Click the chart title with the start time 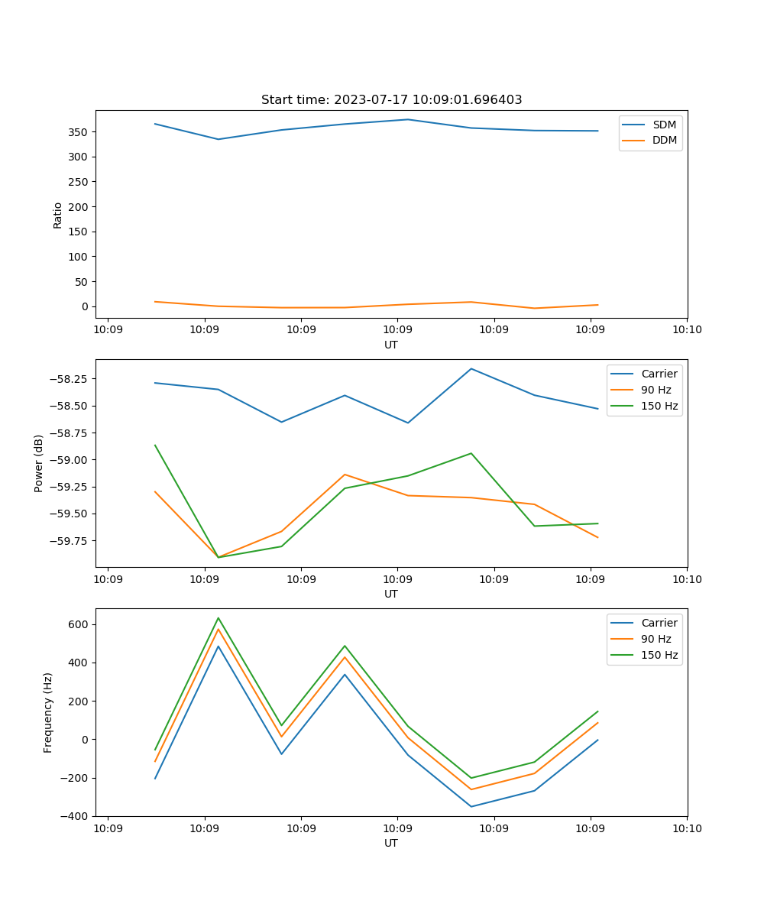(391, 100)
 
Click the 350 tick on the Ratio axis (79, 132)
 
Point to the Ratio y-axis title (58, 215)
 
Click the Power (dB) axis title (39, 463)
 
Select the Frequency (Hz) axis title (48, 712)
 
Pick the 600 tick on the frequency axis (79, 624)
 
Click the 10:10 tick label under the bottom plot (686, 828)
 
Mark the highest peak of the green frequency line (219, 617)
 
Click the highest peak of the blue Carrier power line (471, 368)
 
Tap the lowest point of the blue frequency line (471, 806)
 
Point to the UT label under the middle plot (391, 594)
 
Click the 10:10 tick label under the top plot (686, 330)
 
